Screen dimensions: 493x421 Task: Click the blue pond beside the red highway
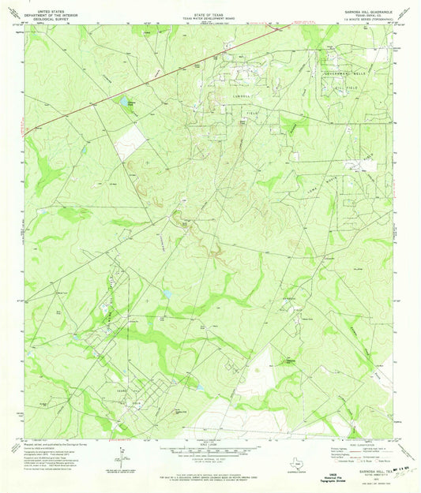click(x=125, y=102)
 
